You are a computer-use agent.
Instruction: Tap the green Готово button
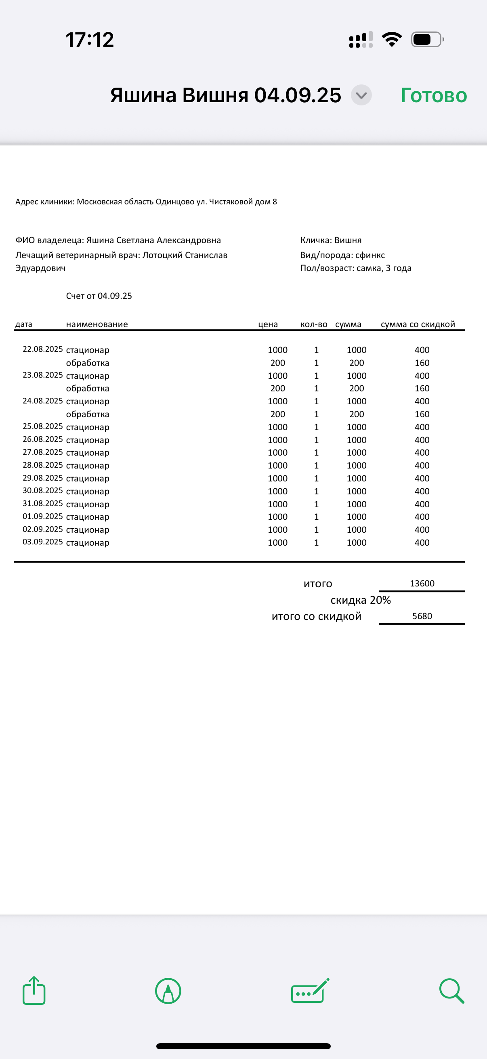click(x=434, y=95)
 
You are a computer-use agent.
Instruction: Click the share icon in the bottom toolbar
click(x=34, y=990)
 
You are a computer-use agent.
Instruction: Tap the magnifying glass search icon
click(x=451, y=991)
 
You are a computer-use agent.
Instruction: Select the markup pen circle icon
click(x=168, y=991)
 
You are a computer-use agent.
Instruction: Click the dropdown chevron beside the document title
click(x=361, y=95)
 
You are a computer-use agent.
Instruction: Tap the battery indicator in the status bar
click(x=427, y=40)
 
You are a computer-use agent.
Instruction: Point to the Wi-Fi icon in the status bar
click(x=392, y=40)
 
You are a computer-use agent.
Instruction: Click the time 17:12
click(x=90, y=40)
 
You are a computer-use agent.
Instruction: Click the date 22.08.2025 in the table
click(x=43, y=349)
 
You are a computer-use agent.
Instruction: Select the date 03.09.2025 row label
click(x=43, y=542)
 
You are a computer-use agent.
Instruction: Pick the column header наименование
click(x=97, y=324)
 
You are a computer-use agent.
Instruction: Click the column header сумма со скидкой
click(x=418, y=324)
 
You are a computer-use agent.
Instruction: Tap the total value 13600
click(x=422, y=583)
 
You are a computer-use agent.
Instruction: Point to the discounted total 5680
click(x=422, y=616)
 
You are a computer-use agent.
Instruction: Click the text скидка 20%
click(x=361, y=600)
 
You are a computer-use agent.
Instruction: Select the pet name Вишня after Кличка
click(x=348, y=240)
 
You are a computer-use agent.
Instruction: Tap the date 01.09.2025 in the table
click(x=43, y=516)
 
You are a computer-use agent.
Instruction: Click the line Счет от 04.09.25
click(x=99, y=296)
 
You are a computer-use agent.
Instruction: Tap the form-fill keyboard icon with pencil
click(x=310, y=991)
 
